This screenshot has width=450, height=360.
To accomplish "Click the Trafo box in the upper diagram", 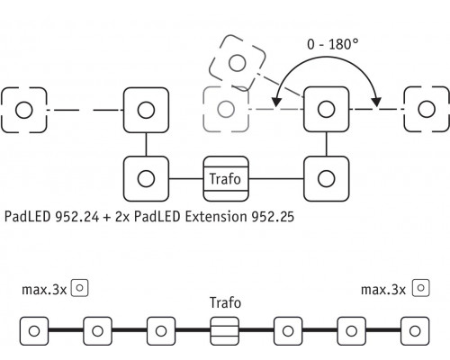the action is [226, 179].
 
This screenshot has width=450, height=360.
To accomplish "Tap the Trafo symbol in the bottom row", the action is [225, 331].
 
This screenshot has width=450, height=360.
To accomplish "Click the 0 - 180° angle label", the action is [332, 44].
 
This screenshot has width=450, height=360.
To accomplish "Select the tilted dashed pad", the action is [238, 63].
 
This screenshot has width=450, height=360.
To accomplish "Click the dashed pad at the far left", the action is [24, 110].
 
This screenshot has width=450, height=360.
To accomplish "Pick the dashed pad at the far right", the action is [427, 109].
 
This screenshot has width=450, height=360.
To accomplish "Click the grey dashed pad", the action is [226, 109].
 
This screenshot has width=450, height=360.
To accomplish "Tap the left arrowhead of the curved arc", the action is [276, 102].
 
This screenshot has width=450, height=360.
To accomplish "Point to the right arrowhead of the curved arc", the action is [376, 102].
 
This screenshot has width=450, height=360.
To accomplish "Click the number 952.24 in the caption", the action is [76, 217].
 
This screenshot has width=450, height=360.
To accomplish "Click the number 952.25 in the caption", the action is [273, 217].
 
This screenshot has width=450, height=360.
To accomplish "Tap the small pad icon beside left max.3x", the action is [79, 288].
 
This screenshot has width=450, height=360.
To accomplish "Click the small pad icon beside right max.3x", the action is [421, 288].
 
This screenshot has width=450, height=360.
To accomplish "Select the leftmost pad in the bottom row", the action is [34, 331].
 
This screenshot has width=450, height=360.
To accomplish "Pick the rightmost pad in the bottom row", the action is [415, 331].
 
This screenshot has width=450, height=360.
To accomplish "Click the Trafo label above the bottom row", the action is [225, 302].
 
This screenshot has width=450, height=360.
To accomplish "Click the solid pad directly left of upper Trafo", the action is [146, 179].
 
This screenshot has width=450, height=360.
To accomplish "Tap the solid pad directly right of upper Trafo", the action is [327, 179].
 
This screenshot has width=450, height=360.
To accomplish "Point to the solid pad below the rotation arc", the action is [327, 109].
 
